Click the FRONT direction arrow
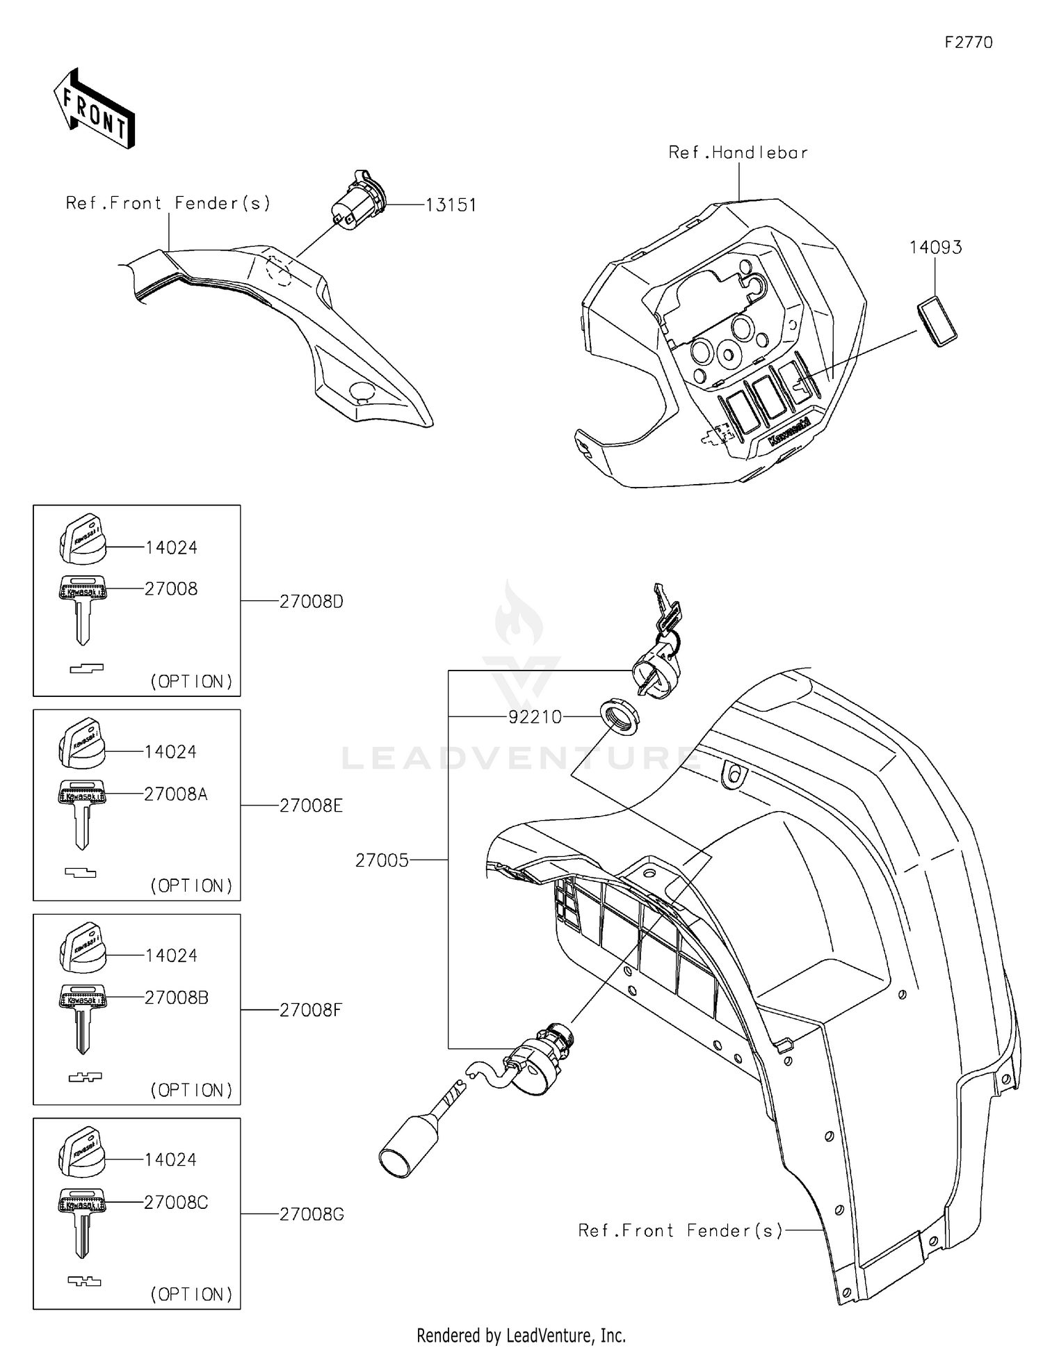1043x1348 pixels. coord(94,109)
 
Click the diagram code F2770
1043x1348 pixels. coord(968,42)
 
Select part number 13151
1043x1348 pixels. coord(451,205)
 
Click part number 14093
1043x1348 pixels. coord(935,248)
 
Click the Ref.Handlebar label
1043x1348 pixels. coord(738,152)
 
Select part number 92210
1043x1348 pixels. coord(534,716)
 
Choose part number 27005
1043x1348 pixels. coord(382,860)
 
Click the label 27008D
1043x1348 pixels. coord(311,602)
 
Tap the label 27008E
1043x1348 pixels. coord(311,805)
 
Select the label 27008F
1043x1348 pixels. coord(310,1010)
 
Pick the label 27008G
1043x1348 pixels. coord(311,1214)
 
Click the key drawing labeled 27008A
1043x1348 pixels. coord(82,811)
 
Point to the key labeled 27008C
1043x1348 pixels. coord(82,1220)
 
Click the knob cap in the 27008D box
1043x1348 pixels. coord(81,539)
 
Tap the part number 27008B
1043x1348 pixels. coord(176,997)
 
